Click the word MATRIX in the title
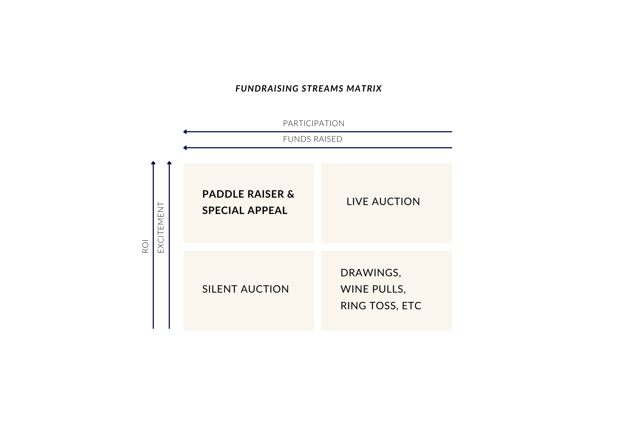click(x=364, y=88)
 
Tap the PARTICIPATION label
click(x=313, y=123)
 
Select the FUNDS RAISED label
click(x=313, y=139)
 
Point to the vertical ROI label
click(x=145, y=246)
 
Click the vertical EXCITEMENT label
click(x=161, y=227)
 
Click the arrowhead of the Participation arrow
click(x=185, y=132)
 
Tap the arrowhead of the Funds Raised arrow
click(x=185, y=148)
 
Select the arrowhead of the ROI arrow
click(x=153, y=163)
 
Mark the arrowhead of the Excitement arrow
click(x=169, y=163)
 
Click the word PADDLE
click(x=219, y=194)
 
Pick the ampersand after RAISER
click(x=291, y=194)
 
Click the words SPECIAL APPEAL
click(x=245, y=211)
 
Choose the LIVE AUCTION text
click(x=383, y=202)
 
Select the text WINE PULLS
click(x=373, y=289)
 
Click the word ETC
click(x=412, y=306)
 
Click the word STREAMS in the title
click(x=322, y=88)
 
